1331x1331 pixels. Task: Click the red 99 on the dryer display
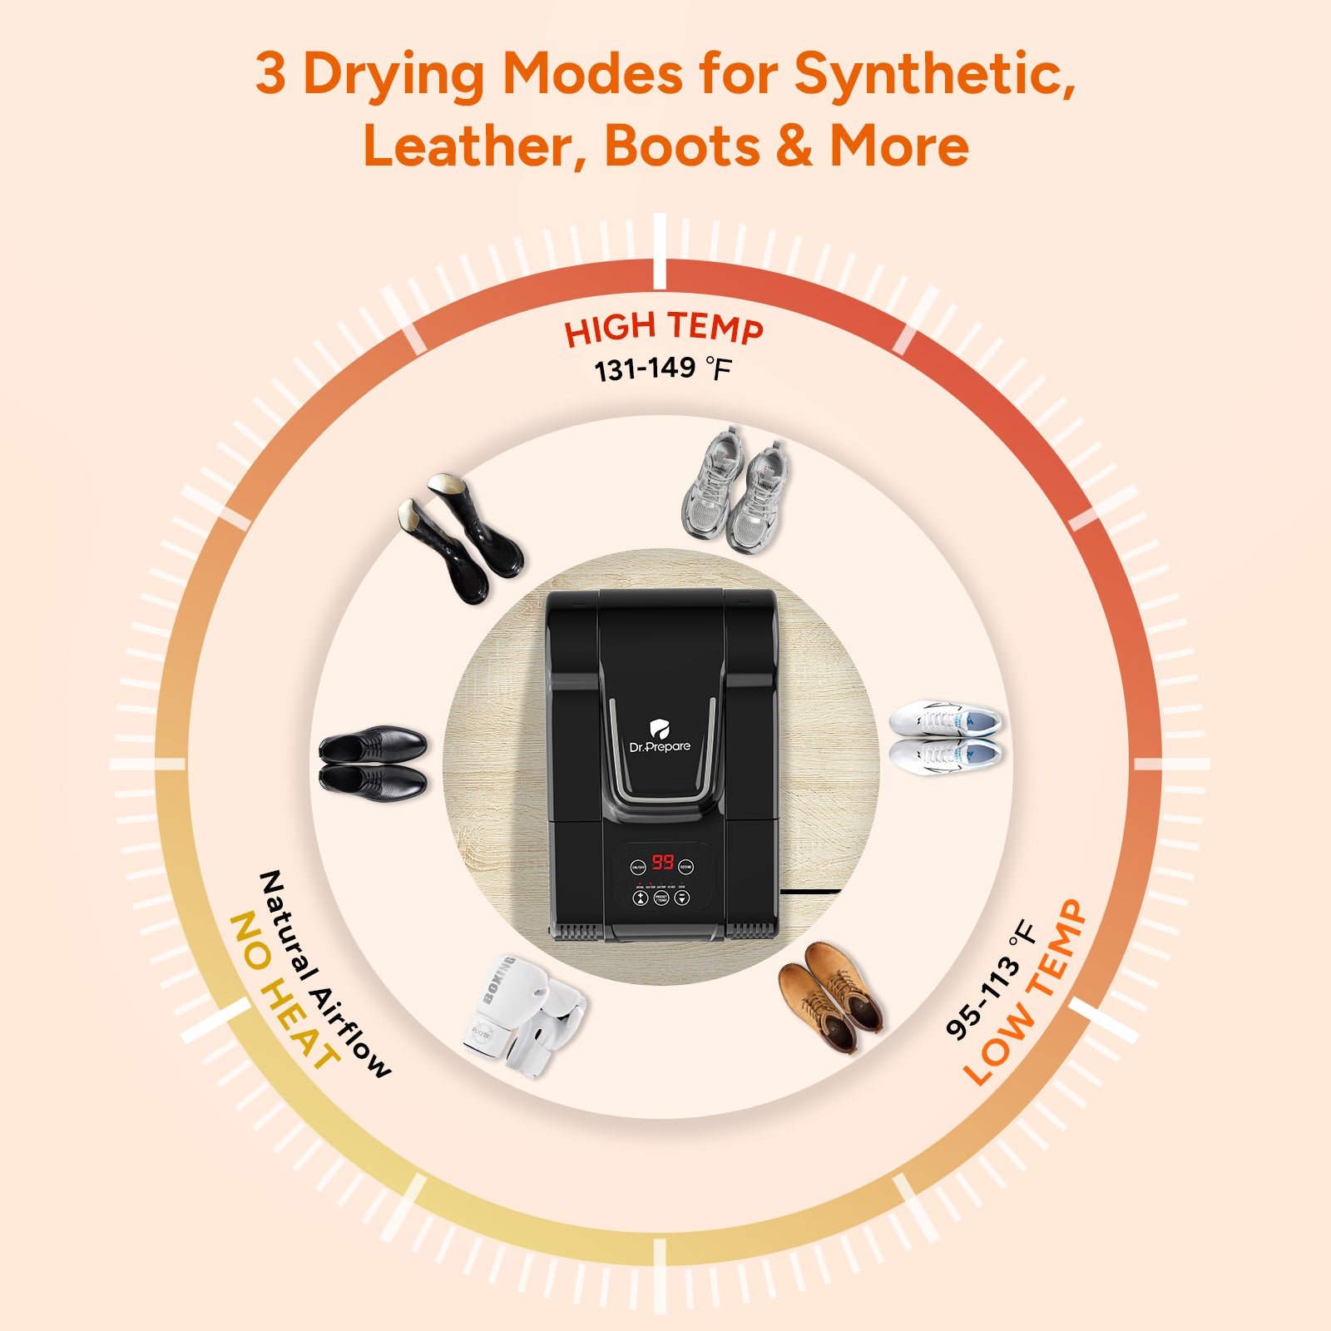(x=662, y=862)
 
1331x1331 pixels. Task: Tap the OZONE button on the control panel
(x=685, y=867)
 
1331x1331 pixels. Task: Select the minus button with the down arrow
(x=682, y=899)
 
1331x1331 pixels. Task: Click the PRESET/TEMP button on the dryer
(x=661, y=899)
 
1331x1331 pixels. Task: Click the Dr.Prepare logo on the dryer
(x=660, y=737)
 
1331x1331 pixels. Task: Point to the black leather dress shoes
(x=374, y=762)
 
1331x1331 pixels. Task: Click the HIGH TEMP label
(x=663, y=328)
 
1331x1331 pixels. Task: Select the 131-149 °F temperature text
(x=662, y=369)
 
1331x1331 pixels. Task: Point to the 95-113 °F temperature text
(x=991, y=981)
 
